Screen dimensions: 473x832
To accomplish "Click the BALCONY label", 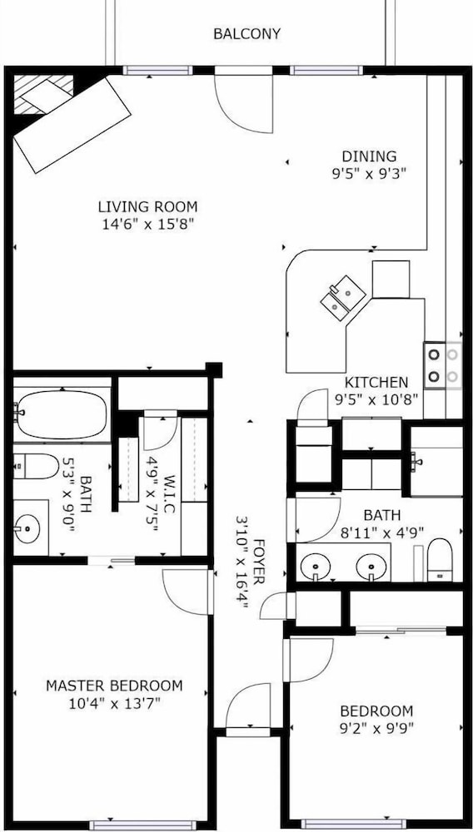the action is [x=246, y=34].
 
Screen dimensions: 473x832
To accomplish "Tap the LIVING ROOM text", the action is [x=147, y=206].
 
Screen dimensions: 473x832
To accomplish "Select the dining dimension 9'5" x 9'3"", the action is [x=370, y=174].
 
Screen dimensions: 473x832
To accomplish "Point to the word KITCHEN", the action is [x=376, y=382].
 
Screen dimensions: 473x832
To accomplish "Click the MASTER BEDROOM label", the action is [x=114, y=686].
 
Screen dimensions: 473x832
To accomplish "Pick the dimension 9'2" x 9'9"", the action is [x=376, y=727].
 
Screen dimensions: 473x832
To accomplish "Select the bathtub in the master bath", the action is [x=62, y=414].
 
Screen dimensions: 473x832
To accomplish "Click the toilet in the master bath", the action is [x=36, y=467].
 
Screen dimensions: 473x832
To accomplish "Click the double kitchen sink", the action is [x=343, y=297].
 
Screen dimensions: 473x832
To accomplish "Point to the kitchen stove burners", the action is [x=443, y=365].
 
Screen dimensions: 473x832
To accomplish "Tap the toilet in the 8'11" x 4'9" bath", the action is [x=440, y=560].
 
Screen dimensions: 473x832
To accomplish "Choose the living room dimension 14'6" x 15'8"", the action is [x=147, y=224].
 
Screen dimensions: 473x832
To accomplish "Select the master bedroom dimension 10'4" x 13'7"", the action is [x=114, y=704].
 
